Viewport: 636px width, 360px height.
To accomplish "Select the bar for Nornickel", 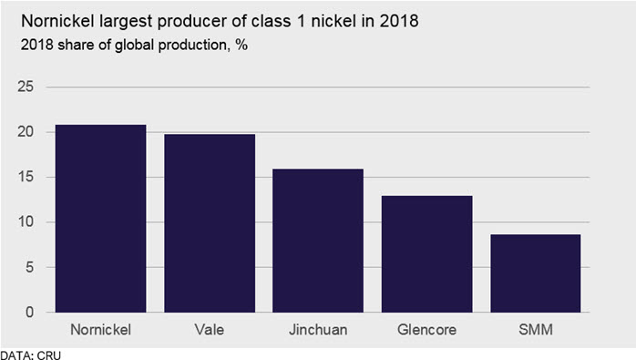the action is pos(100,219).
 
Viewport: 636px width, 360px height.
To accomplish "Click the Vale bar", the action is pos(210,223).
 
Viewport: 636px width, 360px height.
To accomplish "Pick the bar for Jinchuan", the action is pos(318,241).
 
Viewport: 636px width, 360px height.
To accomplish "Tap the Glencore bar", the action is pos(426,254).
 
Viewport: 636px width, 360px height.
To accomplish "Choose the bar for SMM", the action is pos(536,273).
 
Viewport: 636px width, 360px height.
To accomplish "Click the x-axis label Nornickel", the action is pos(100,330).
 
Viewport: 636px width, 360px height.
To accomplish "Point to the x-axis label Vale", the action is pos(210,330).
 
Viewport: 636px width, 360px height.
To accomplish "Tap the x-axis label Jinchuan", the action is pos(318,330).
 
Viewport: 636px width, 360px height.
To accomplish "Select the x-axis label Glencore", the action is pos(426,330).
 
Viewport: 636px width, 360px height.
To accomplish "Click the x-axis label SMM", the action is pos(536,330).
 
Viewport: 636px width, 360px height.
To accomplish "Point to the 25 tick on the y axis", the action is pos(26,87).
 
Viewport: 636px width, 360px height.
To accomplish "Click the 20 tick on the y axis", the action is pos(26,132).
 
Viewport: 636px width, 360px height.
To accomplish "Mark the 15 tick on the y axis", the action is pos(26,177).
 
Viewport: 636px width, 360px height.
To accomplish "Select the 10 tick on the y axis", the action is pos(26,222).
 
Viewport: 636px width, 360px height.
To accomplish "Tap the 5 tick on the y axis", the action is pos(29,267).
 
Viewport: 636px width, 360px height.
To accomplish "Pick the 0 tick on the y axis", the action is pos(29,312).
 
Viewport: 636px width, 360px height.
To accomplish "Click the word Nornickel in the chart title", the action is pos(57,21).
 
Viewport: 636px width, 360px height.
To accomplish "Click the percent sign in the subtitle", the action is pos(241,45).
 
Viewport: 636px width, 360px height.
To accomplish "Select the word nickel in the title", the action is pos(333,21).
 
